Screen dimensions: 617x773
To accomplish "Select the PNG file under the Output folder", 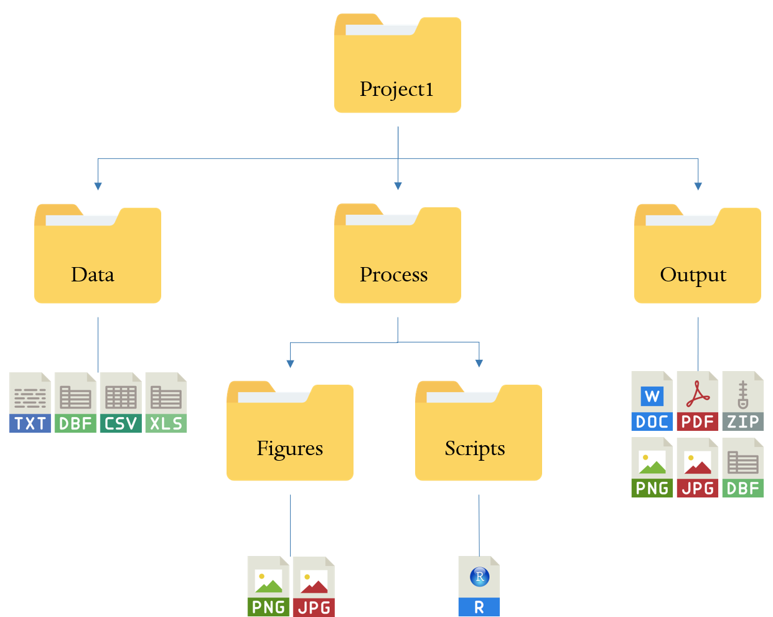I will tap(652, 468).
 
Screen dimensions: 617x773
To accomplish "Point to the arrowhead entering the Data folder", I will tap(98, 186).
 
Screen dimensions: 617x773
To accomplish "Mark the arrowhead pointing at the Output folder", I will tap(698, 186).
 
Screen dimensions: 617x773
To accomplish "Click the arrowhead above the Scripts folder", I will tap(479, 363).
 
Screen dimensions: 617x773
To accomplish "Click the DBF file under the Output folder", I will tap(743, 468).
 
